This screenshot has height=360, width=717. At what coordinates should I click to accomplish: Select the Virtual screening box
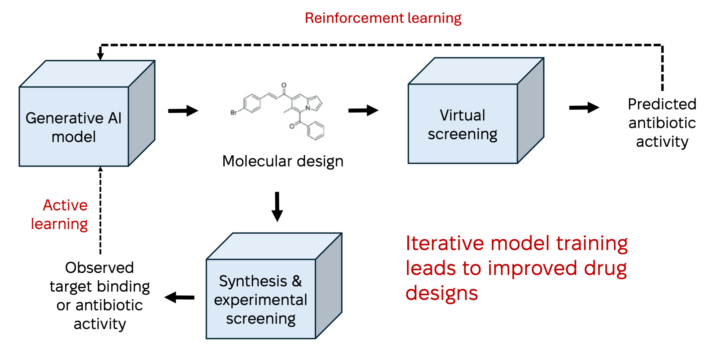(462, 124)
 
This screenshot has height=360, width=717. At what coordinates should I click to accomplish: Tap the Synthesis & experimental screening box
(261, 299)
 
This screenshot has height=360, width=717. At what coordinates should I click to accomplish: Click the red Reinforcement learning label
(383, 18)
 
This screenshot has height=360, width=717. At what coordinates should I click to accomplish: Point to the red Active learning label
(60, 214)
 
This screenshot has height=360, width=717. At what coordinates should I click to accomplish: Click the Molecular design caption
(283, 161)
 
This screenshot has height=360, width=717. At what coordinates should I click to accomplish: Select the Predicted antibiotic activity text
(662, 123)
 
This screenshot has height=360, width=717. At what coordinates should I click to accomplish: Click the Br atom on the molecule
(234, 112)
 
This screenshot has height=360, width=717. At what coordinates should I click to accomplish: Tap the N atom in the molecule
(308, 108)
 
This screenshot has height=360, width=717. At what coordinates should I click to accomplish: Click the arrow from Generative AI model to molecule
(183, 110)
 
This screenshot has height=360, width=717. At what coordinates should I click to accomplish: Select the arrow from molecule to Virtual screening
(363, 110)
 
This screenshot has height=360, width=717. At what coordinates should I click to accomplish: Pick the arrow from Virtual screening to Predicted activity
(584, 108)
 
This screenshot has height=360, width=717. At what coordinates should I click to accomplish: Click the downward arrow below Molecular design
(277, 206)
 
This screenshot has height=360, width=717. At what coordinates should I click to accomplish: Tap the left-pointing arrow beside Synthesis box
(180, 297)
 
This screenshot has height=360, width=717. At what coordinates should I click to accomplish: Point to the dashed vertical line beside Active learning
(100, 212)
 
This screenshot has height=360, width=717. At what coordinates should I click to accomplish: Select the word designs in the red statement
(441, 293)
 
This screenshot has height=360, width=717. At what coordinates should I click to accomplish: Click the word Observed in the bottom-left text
(99, 268)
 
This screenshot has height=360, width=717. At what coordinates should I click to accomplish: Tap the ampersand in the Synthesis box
(297, 281)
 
